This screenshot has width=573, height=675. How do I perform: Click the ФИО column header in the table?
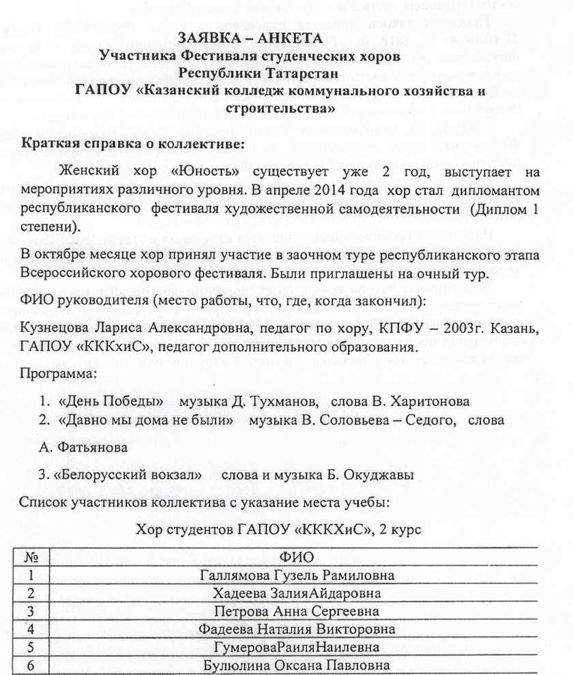[292, 558]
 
